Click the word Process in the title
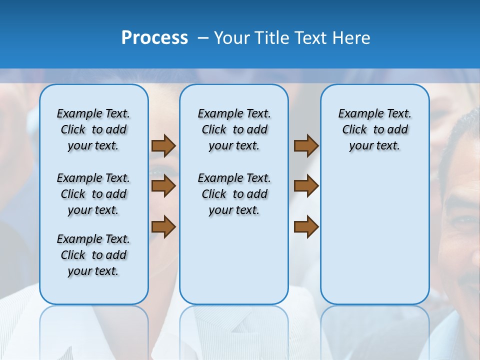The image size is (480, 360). tap(154, 38)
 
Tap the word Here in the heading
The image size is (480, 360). tap(352, 38)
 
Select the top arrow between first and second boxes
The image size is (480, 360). tap(163, 145)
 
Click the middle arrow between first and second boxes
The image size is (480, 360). tap(163, 186)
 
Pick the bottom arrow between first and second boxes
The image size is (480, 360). tap(163, 226)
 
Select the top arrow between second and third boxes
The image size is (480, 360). tap(306, 145)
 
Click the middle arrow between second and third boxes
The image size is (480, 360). tap(306, 186)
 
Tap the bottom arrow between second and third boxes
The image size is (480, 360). tap(306, 226)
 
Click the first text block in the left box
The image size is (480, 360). tap(93, 129)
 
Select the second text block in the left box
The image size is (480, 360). tap(93, 194)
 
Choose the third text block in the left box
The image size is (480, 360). tap(93, 255)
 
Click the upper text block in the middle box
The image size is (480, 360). tap(234, 129)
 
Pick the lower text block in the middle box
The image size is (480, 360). tap(234, 194)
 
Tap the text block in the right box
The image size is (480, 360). tap(374, 129)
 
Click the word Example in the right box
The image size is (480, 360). tap(357, 113)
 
